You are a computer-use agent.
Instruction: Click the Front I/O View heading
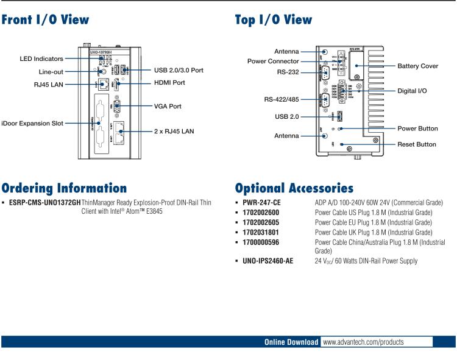point(45,20)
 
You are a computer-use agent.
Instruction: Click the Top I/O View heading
point(274,20)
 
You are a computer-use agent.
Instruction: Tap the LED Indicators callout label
point(41,58)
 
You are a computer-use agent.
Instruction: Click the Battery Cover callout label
point(417,66)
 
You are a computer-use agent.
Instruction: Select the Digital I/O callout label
point(412,90)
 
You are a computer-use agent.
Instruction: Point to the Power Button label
point(417,129)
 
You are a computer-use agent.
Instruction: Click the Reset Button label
point(417,144)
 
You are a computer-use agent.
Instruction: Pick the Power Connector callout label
point(273,61)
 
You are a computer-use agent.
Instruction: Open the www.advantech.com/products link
point(363,342)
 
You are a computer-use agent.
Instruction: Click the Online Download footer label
point(291,342)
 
